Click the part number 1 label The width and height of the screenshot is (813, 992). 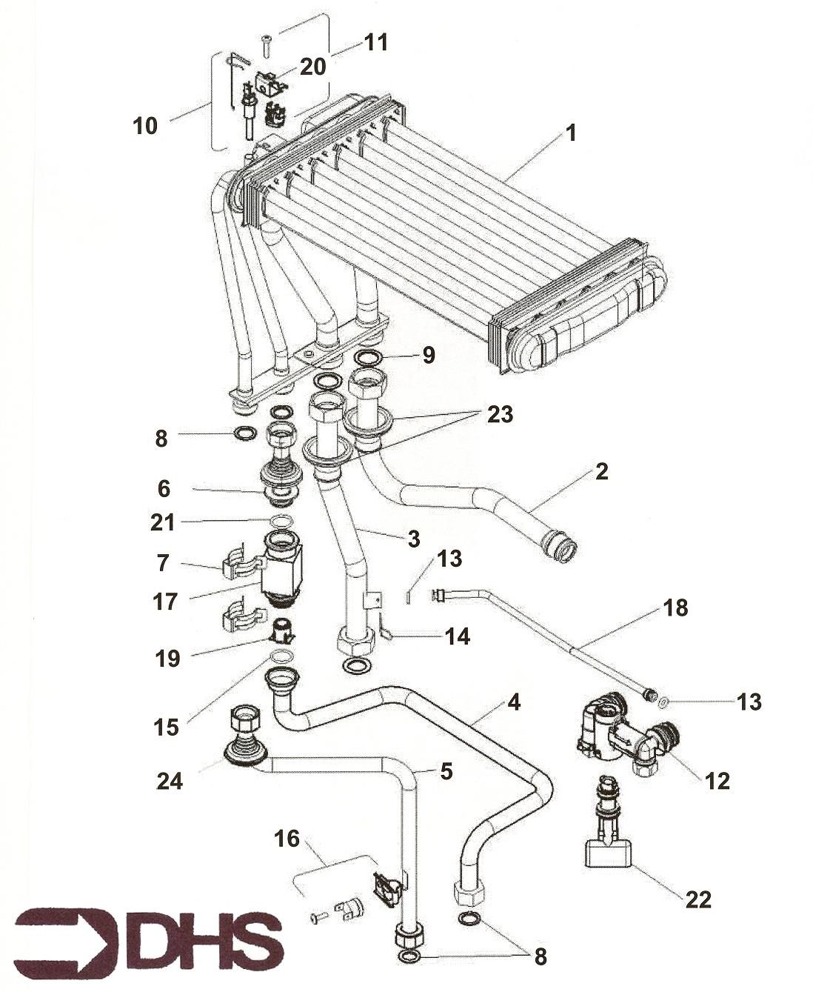pos(570,133)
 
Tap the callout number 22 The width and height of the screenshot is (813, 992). pos(697,899)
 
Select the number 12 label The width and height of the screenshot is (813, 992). pos(717,780)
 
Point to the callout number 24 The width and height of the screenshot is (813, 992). pos(170,780)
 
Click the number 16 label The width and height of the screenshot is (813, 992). pos(287,839)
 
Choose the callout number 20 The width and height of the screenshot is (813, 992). pos(312,67)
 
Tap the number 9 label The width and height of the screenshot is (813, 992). pos(429,355)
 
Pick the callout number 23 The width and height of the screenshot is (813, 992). pos(500,414)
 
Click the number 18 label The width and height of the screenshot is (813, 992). pos(675,608)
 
